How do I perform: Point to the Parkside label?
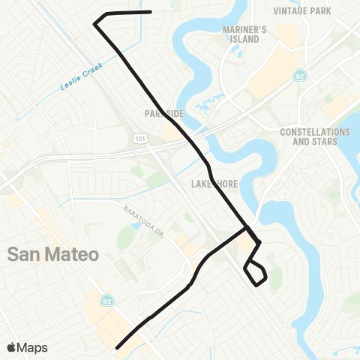(x=163, y=113)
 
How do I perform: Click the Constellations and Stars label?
(x=314, y=136)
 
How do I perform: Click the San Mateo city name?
(x=53, y=254)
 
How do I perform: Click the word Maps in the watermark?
(x=33, y=347)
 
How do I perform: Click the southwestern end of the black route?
(x=117, y=347)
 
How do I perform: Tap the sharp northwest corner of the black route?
(x=94, y=24)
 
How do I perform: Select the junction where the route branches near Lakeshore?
(x=246, y=228)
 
